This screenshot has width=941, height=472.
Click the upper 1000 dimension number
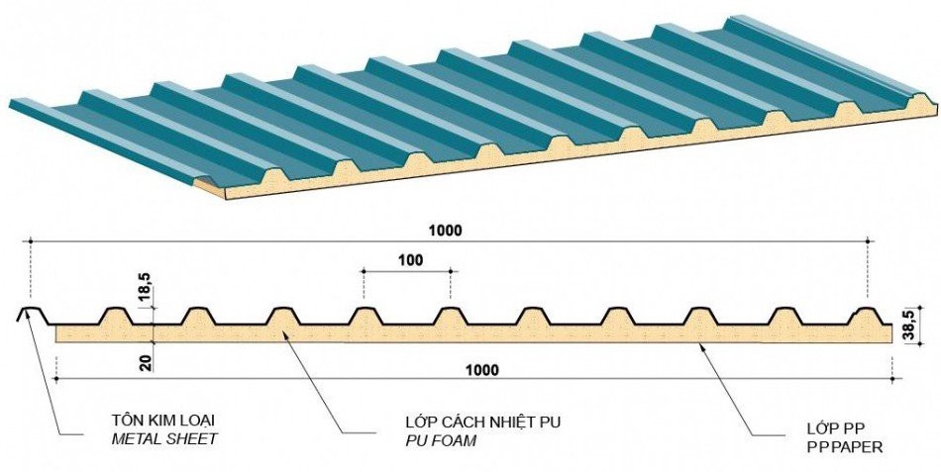(x=446, y=231)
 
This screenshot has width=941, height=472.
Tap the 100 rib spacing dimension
(x=407, y=260)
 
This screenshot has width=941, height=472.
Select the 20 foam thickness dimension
(x=145, y=362)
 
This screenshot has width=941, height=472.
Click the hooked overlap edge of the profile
(x=26, y=314)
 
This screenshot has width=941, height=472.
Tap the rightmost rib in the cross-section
(x=873, y=314)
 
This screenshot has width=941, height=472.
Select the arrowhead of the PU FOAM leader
(x=284, y=335)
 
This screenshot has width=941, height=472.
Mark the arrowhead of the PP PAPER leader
(x=700, y=343)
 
